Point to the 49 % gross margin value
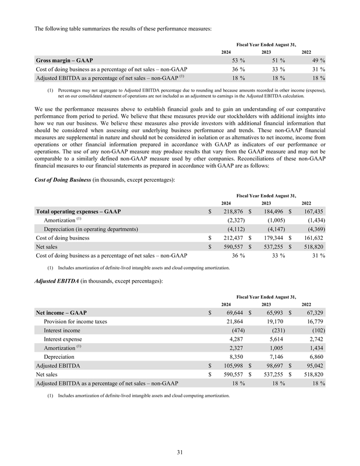(x=317, y=60)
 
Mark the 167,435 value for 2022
(x=313, y=210)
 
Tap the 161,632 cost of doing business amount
(x=313, y=238)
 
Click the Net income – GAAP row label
(x=62, y=313)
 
